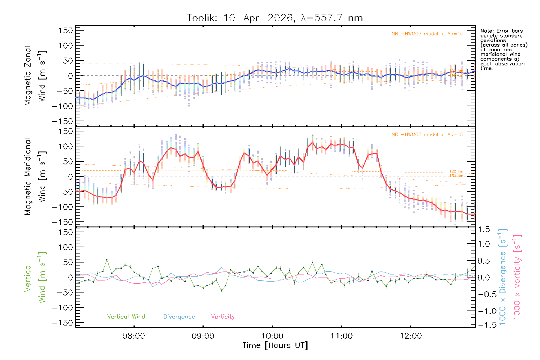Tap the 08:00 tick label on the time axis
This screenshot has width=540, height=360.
[x=134, y=336]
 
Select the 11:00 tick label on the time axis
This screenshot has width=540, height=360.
[x=341, y=336]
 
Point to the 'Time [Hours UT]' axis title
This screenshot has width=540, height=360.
[x=275, y=346]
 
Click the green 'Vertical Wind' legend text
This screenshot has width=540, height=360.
[x=126, y=317]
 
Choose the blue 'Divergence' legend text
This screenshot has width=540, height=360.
[x=179, y=317]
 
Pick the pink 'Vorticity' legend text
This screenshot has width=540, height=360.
[x=223, y=317]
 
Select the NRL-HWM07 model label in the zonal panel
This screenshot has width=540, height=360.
[x=427, y=34]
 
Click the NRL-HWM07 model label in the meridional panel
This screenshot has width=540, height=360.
[x=427, y=135]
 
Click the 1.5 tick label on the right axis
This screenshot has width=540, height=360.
[x=484, y=229]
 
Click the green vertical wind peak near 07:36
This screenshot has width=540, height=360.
[x=107, y=260]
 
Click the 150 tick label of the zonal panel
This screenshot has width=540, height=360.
[x=66, y=31]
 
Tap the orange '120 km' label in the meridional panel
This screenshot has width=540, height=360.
[x=456, y=172]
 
